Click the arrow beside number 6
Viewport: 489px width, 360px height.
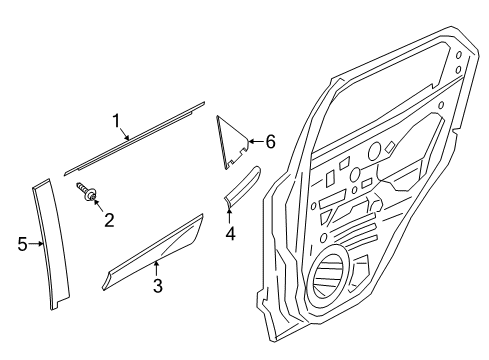(253, 141)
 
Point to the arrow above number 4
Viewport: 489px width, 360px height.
(229, 213)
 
